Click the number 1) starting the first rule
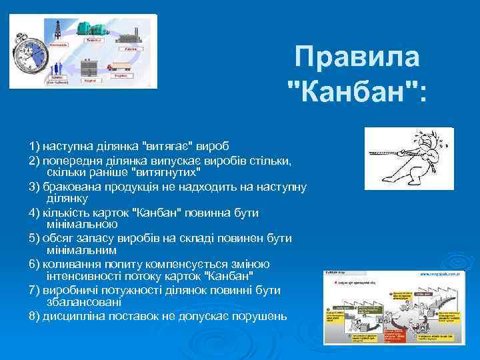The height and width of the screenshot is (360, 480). [34, 145]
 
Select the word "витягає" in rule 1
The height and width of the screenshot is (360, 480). [165, 145]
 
